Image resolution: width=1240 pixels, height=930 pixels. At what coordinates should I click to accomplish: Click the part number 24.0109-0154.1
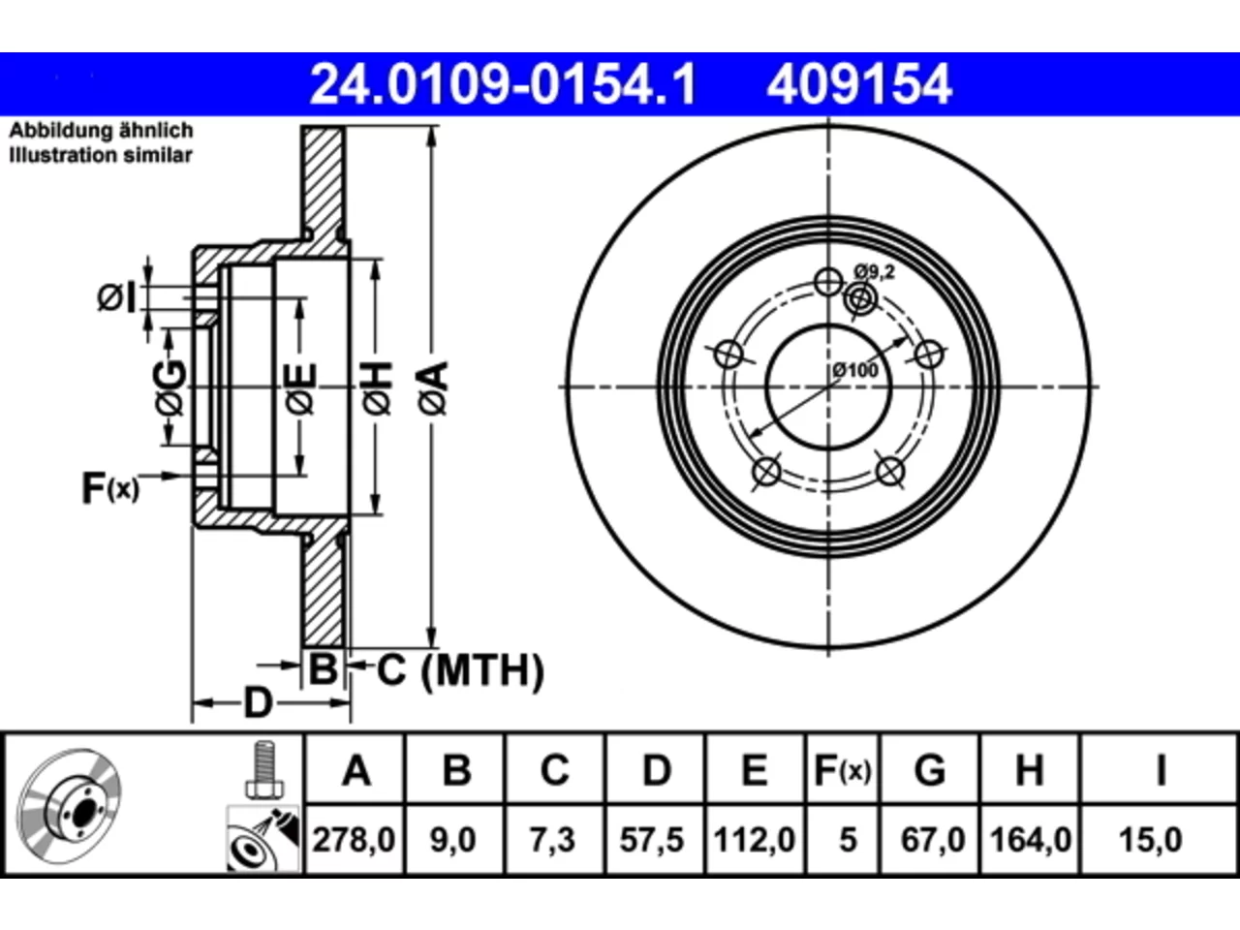coord(503,84)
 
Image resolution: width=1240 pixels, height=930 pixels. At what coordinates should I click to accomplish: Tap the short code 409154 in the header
coord(859,84)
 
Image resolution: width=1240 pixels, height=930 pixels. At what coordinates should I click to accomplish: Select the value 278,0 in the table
coord(354,840)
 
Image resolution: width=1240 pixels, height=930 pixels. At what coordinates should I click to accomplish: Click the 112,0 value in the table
coord(754,840)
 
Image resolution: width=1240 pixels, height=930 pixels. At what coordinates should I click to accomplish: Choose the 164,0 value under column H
coord(1030,840)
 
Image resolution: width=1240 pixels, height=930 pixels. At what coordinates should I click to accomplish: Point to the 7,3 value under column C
coord(552,840)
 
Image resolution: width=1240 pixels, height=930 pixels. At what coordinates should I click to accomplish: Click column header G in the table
coord(930,769)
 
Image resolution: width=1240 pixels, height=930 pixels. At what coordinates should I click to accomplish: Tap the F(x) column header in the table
coord(843,769)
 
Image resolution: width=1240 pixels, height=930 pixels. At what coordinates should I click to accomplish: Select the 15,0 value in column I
coord(1150,840)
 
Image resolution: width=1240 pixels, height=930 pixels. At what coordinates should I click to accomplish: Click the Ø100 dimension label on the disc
coord(855,370)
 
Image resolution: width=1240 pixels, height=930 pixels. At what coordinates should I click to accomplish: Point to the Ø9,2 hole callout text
coord(875,272)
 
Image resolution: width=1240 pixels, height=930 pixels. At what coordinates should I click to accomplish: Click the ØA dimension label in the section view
coord(433,388)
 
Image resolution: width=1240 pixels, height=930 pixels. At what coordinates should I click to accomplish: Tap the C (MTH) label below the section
coord(460,670)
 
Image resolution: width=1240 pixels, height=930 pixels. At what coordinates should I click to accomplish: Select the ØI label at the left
coord(116,297)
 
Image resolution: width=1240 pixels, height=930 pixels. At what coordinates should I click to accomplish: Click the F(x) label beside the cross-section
coord(110,487)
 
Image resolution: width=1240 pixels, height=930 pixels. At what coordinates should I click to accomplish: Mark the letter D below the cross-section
coord(258,703)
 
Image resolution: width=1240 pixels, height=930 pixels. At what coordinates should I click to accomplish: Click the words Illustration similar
coord(101,155)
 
